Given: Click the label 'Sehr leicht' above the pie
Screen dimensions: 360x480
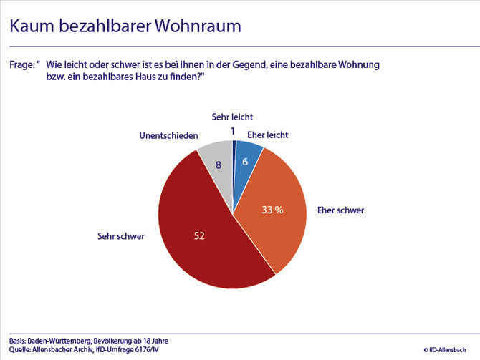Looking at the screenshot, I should click(x=232, y=117).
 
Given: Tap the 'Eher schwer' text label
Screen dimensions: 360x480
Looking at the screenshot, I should click(x=340, y=211).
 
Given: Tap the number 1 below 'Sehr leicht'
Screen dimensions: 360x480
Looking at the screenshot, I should click(x=233, y=130).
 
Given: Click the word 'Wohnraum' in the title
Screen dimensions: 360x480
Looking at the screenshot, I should click(x=199, y=26).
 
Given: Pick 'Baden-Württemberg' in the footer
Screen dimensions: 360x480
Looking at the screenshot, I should click(x=63, y=340).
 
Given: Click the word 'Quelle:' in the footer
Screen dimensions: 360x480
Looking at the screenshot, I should click(x=21, y=350).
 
